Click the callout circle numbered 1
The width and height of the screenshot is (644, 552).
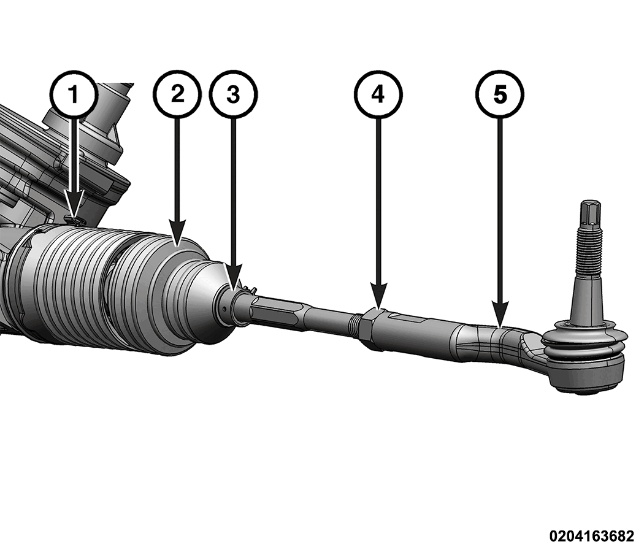pyautogui.click(x=74, y=94)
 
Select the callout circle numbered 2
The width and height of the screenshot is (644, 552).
pyautogui.click(x=177, y=94)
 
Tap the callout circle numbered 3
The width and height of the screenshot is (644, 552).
pyautogui.click(x=233, y=94)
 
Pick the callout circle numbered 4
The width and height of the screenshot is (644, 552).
pyautogui.click(x=378, y=94)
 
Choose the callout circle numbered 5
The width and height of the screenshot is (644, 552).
pyautogui.click(x=500, y=94)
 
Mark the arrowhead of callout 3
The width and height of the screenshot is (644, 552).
pyautogui.click(x=233, y=287)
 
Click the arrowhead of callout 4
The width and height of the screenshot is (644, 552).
pyautogui.click(x=378, y=306)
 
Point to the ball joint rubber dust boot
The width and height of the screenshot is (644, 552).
pyautogui.click(x=585, y=347)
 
